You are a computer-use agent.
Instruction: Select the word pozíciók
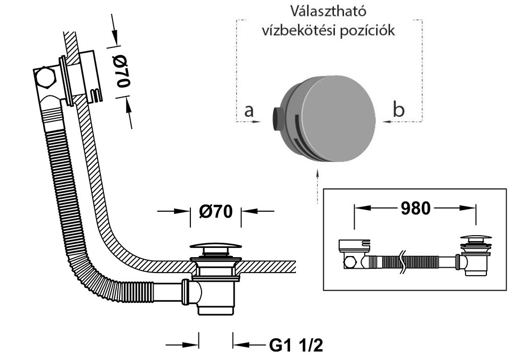366,30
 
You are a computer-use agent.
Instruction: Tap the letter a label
249,110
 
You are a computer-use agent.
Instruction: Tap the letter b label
398,109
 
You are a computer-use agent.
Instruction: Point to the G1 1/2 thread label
295,346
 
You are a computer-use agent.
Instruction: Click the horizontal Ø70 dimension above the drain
217,211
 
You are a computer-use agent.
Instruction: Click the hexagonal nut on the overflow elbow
45,78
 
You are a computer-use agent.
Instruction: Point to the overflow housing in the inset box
354,246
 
